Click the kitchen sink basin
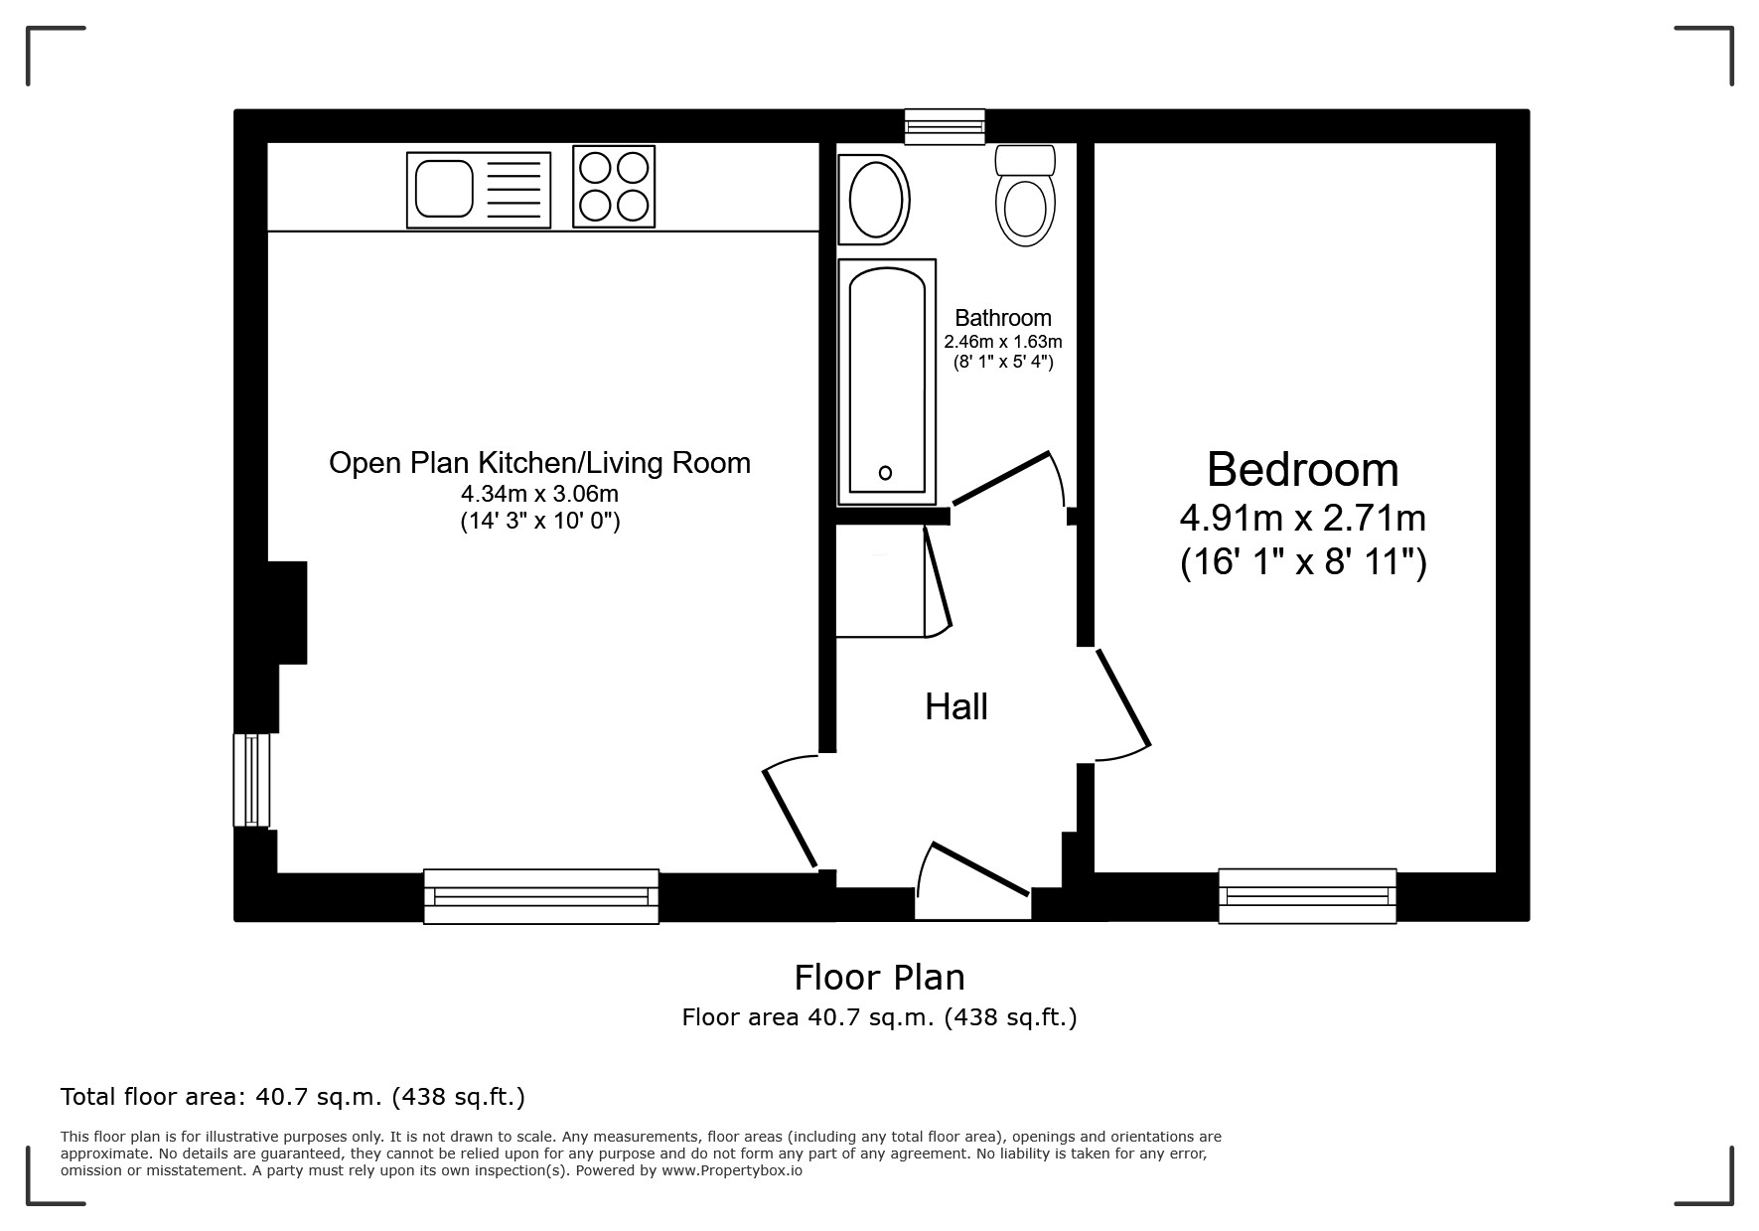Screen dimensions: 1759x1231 point(444,189)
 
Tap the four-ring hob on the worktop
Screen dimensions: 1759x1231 point(614,186)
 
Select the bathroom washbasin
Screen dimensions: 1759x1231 point(874,200)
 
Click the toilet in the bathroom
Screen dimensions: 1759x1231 point(1025,196)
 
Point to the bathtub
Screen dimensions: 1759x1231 point(887,382)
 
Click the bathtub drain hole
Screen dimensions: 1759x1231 point(885,473)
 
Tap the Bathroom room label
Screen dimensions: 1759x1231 point(1003,318)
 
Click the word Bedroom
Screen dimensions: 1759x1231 point(1303,469)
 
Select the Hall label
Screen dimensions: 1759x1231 point(956,706)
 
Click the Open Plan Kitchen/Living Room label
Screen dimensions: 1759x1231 point(539,463)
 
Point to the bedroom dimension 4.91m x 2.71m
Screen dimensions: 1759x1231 point(1303,518)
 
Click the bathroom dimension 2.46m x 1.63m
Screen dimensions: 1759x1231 point(1003,341)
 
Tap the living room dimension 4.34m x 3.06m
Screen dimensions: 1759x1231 point(539,494)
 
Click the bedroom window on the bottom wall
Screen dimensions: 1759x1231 point(1307,896)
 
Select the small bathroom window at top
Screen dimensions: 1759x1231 point(945,126)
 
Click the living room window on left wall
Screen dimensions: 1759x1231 point(251,780)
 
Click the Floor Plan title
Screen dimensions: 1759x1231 point(879,978)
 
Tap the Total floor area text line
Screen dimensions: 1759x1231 point(293,1097)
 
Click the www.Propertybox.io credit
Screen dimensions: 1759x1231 point(731,1170)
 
